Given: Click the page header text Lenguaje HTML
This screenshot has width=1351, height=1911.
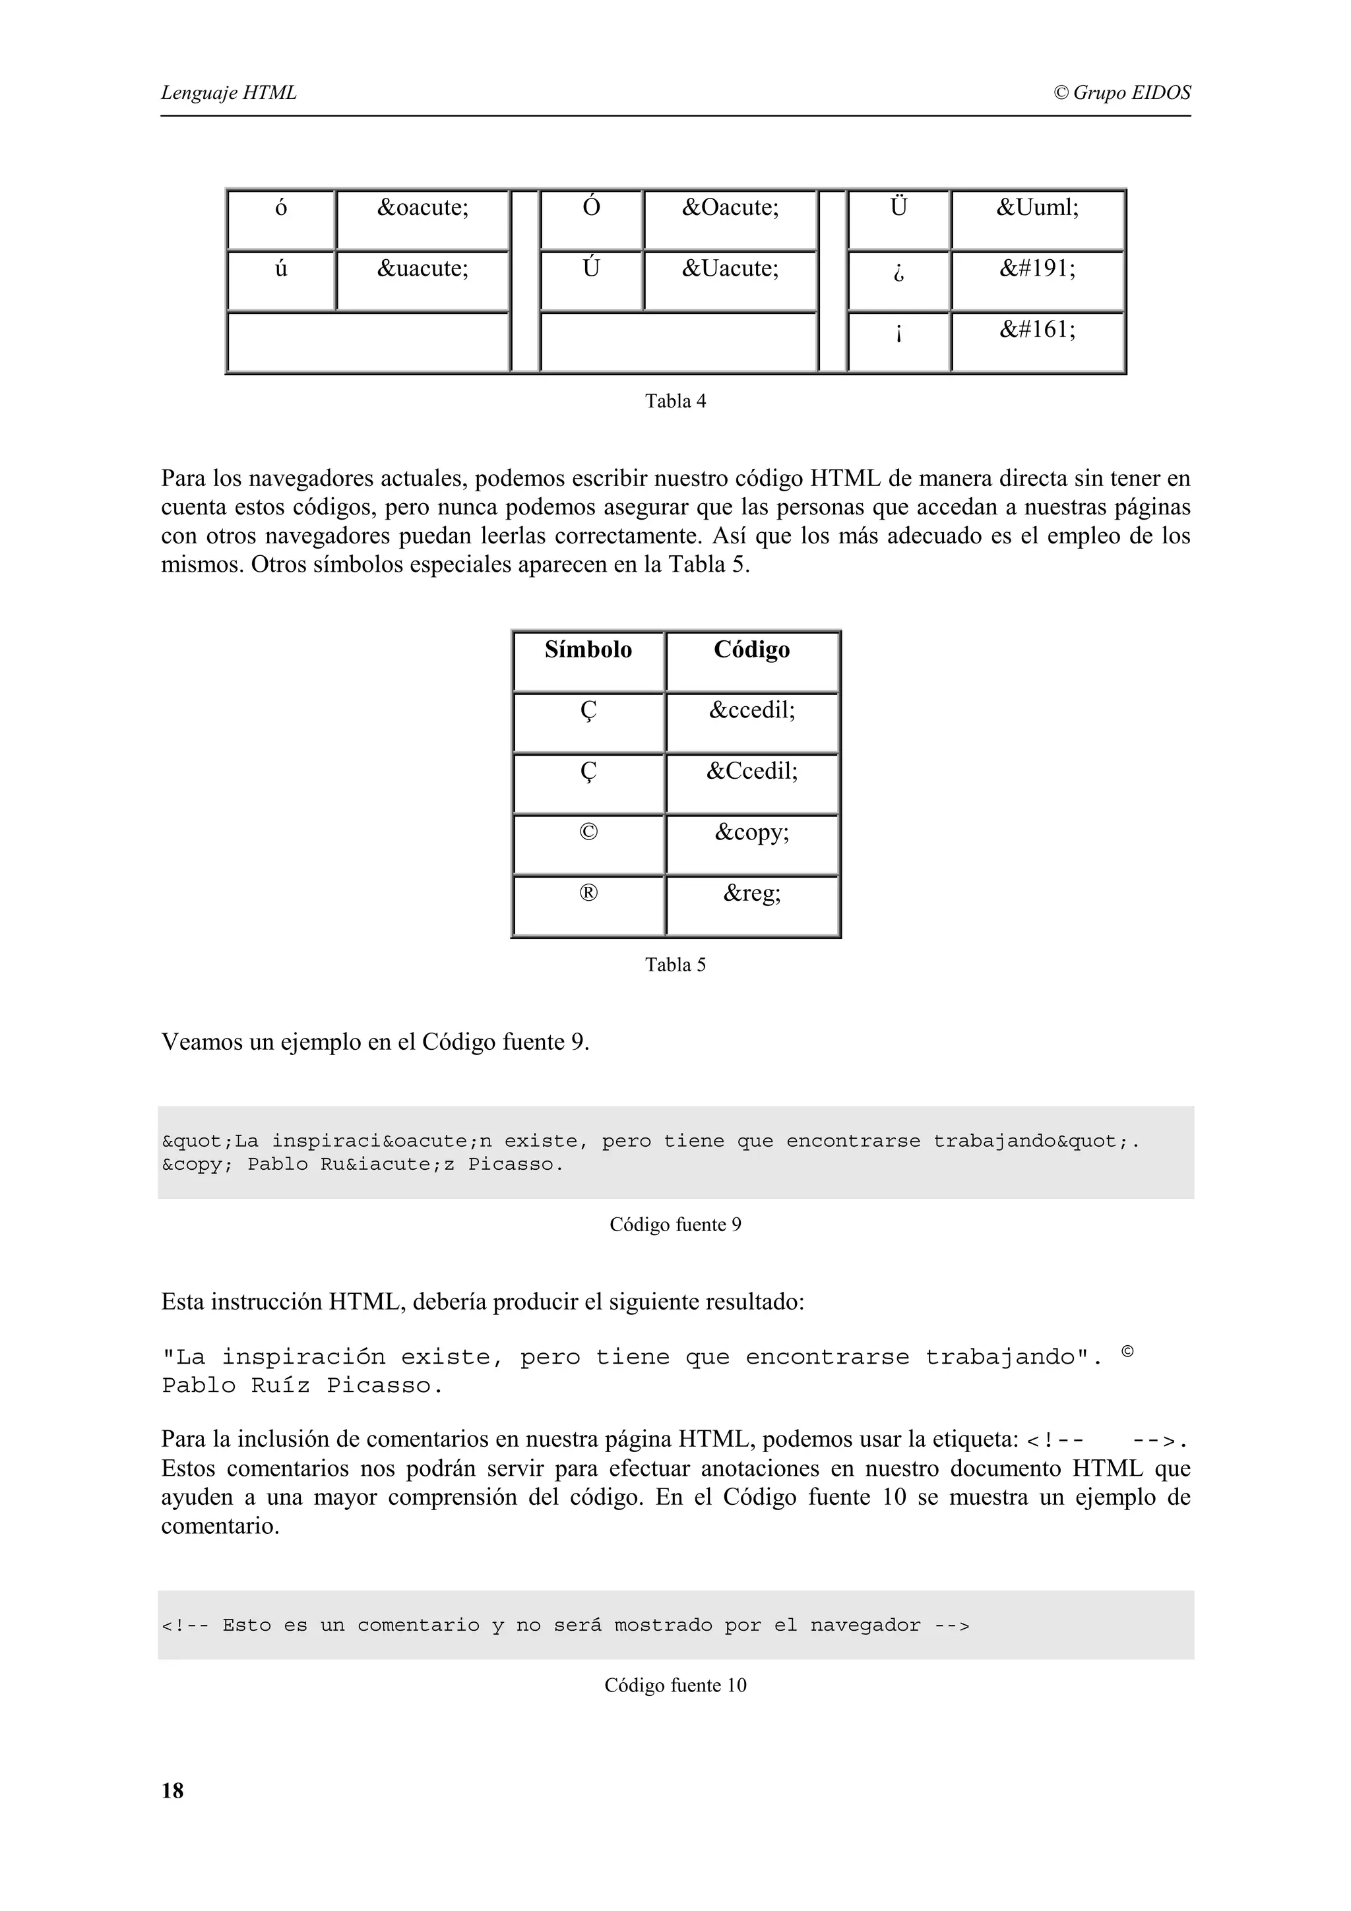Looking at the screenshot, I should pyautogui.click(x=228, y=92).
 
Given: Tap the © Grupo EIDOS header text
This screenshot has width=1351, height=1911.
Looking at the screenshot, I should pyautogui.click(x=1121, y=92).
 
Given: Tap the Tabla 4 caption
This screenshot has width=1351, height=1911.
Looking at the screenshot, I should pyautogui.click(x=675, y=401).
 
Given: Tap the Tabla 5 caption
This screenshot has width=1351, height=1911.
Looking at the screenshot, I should pyautogui.click(x=675, y=965).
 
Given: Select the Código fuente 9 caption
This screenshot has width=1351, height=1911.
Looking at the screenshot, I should pyautogui.click(x=675, y=1225).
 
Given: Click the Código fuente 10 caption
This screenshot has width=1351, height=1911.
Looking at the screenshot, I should pyautogui.click(x=675, y=1685).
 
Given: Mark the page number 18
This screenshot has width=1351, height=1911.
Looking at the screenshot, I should pyautogui.click(x=172, y=1791).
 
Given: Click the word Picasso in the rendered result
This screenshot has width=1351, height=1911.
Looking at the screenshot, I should pyautogui.click(x=384, y=1386).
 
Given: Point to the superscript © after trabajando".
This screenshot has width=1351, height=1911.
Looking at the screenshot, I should pyautogui.click(x=1127, y=1352).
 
